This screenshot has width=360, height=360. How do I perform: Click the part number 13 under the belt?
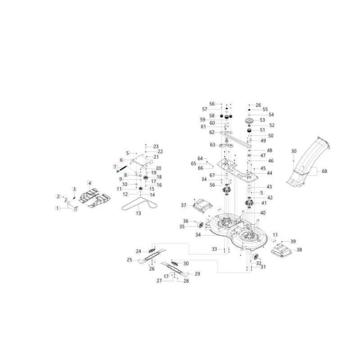click(138, 213)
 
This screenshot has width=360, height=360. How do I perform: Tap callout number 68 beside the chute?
click(324, 171)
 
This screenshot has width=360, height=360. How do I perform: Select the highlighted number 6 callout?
click(121, 160)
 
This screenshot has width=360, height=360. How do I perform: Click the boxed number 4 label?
click(90, 183)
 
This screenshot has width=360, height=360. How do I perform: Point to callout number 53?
click(262, 120)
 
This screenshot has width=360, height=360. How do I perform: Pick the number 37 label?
click(184, 205)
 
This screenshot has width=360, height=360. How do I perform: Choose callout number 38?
click(299, 250)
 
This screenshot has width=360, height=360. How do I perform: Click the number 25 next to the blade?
click(130, 260)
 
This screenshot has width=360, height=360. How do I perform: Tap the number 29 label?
click(197, 274)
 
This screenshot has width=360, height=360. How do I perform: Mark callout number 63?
click(212, 144)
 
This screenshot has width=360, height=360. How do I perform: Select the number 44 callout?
click(269, 173)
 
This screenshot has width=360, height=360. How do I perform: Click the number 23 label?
click(156, 147)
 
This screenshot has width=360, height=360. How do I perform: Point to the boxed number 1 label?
click(58, 208)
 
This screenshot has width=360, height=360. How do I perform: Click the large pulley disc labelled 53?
click(249, 121)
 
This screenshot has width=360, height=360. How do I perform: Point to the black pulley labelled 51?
click(249, 131)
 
